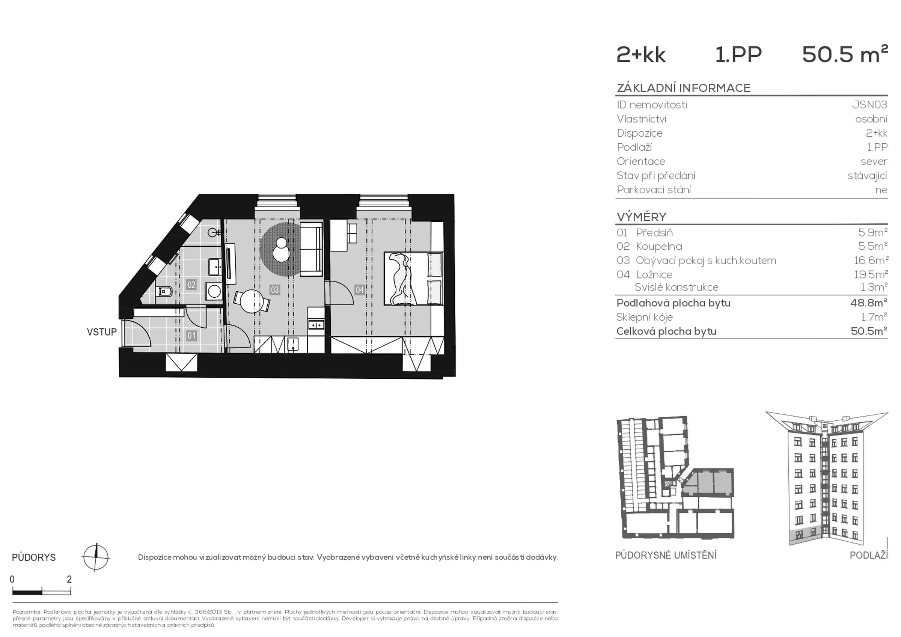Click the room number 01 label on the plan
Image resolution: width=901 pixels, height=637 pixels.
[x=191, y=336]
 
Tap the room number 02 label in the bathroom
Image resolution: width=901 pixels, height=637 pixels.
[x=191, y=285]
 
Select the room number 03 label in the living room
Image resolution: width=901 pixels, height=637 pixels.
[x=274, y=290]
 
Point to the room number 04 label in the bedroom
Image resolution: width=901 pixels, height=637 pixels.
[x=359, y=290]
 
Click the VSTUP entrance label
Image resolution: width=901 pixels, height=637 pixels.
[x=102, y=332]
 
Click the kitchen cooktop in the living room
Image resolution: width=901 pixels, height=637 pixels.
[x=316, y=325]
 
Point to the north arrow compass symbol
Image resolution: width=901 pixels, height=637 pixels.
[x=96, y=557]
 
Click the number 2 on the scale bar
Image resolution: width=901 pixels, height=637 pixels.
[x=69, y=579]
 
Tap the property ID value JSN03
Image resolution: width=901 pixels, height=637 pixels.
[x=869, y=105]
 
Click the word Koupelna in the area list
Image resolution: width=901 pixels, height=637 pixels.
[x=659, y=247]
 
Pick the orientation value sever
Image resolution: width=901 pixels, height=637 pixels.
[x=874, y=161]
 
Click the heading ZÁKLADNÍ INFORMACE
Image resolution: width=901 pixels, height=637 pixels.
[x=683, y=88]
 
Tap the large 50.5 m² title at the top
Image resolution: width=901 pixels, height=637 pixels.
[x=844, y=54]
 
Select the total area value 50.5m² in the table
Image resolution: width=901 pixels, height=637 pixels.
[x=868, y=331]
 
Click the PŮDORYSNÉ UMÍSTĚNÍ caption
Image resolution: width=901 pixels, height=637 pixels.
[x=666, y=556]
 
